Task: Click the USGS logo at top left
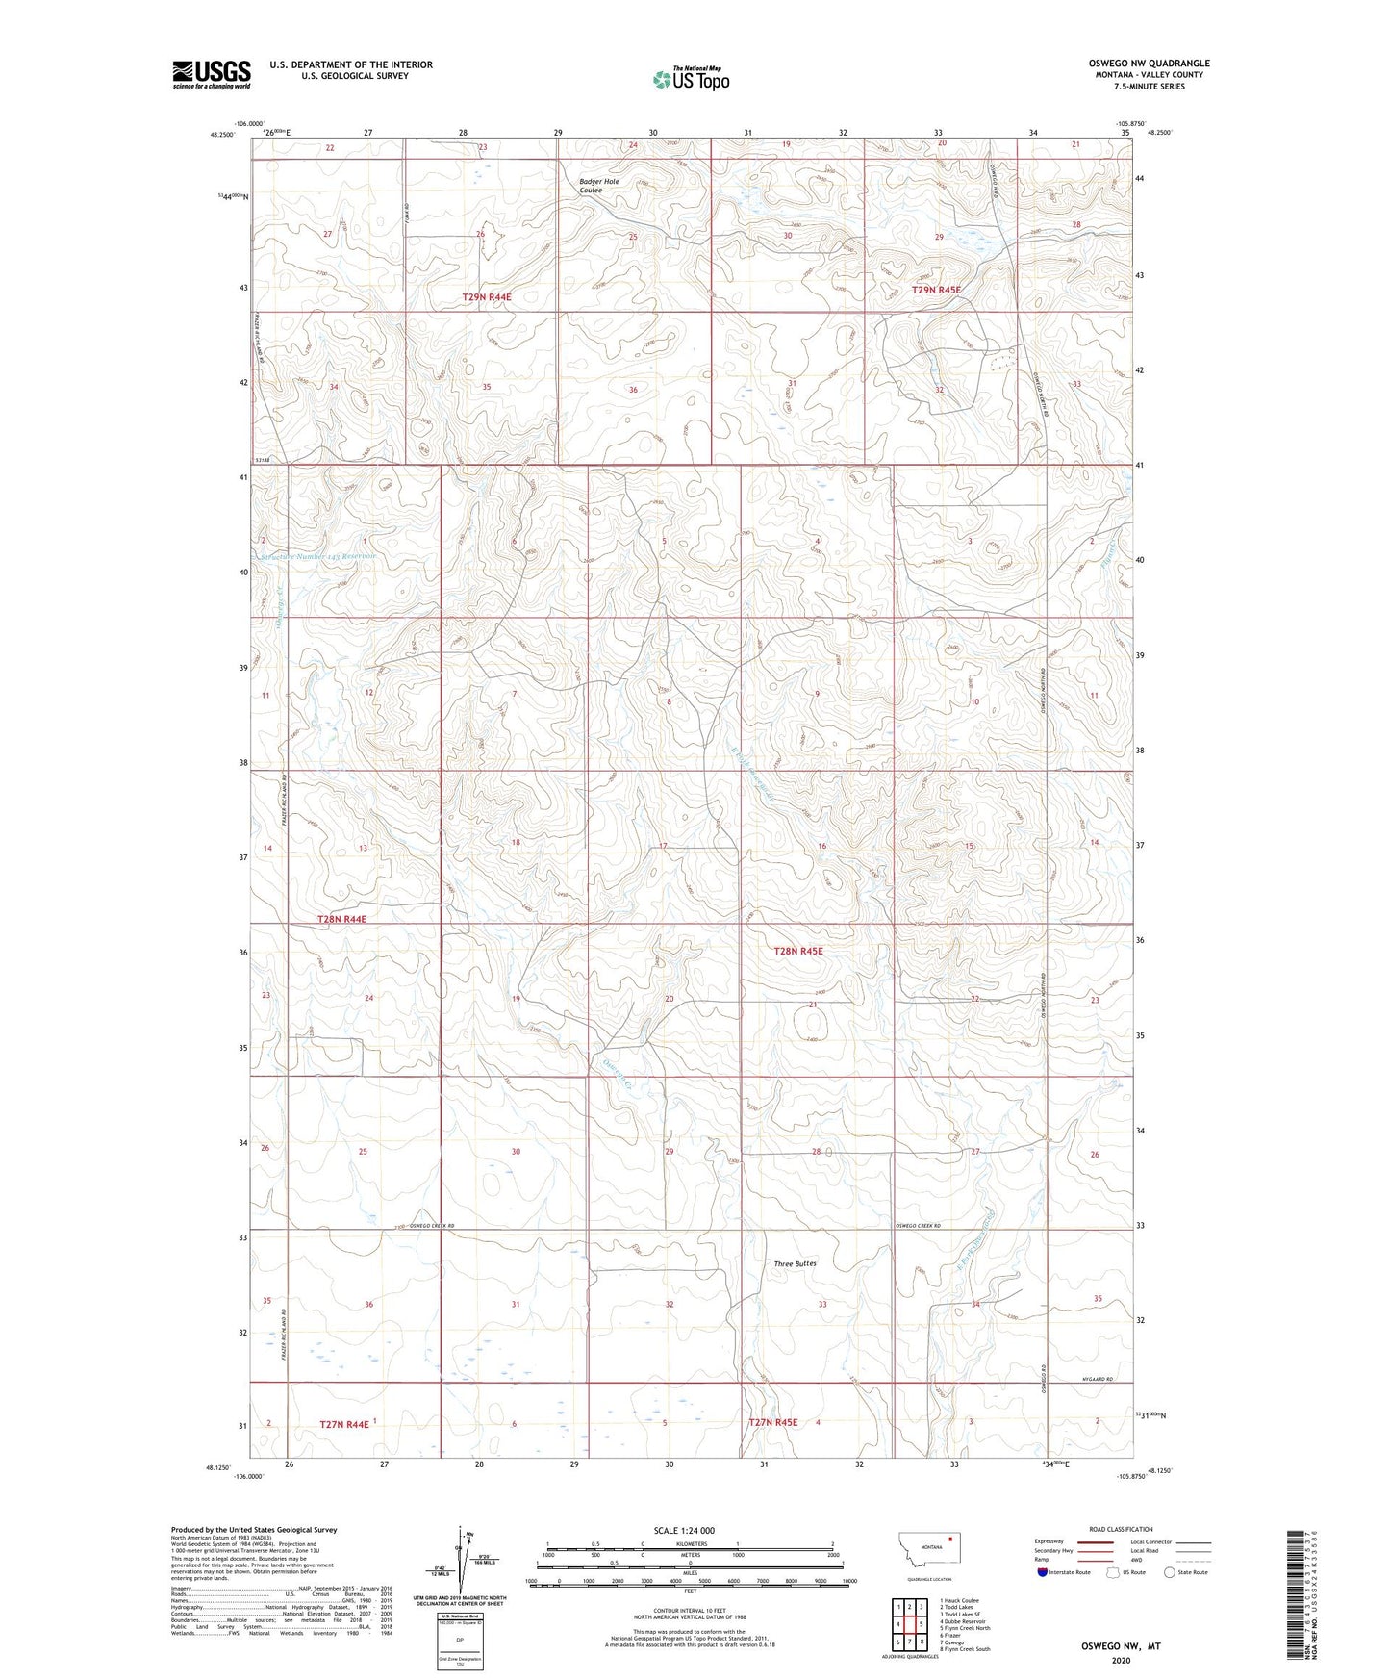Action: (212, 74)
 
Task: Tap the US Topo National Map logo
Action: (691, 78)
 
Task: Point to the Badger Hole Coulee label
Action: (599, 186)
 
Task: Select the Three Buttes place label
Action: (795, 1263)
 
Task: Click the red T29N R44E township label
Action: (486, 297)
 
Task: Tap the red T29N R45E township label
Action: (936, 290)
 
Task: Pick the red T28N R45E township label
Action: (798, 951)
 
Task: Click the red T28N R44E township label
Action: (341, 919)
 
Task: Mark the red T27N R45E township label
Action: (773, 1422)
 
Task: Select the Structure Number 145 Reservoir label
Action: (318, 556)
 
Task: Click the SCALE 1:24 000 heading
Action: (684, 1530)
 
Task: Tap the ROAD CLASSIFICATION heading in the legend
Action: (1121, 1529)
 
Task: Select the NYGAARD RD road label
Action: (1097, 1380)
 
